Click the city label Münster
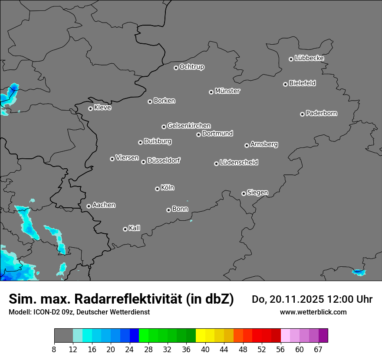[227, 91]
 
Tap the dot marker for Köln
[157, 189]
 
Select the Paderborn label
[321, 113]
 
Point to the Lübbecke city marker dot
[291, 59]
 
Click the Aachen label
[104, 205]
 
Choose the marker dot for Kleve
[90, 108]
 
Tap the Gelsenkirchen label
[189, 126]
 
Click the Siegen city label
[257, 193]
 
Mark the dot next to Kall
[125, 229]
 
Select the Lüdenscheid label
[239, 163]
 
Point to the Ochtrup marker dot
[176, 68]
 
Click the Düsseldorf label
[164, 160]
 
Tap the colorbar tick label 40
[205, 349]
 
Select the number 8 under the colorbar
[54, 349]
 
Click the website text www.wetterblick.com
[313, 312]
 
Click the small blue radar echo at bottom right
[359, 272]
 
